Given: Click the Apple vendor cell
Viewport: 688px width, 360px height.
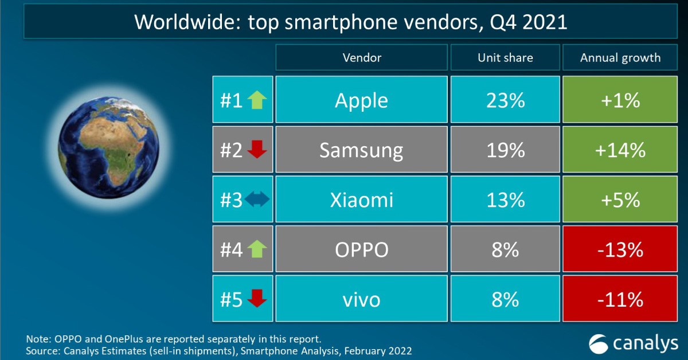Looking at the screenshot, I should point(361,101).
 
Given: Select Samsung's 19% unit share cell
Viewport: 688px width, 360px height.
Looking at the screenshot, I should point(505,151).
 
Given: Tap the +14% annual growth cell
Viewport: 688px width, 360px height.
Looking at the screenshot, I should point(620,151).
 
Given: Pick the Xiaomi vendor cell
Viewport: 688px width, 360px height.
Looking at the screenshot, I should point(361,200).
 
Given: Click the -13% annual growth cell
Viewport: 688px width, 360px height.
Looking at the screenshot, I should point(620,250).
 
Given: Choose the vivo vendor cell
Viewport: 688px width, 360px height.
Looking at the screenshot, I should point(361,299).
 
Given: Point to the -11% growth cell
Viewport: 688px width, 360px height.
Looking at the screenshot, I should point(620,299).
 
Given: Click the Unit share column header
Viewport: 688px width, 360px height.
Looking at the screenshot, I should point(505,58).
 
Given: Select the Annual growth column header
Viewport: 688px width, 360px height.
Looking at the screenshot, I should point(620,58).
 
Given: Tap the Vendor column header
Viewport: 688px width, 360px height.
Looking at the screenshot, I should point(361,58).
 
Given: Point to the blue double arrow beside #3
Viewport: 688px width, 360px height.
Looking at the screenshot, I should point(256,201).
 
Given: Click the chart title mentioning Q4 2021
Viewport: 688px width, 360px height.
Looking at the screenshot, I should point(350,22).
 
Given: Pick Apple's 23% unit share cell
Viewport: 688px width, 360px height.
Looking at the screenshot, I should point(505,101).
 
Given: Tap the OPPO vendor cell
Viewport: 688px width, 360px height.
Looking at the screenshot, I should point(361,250).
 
